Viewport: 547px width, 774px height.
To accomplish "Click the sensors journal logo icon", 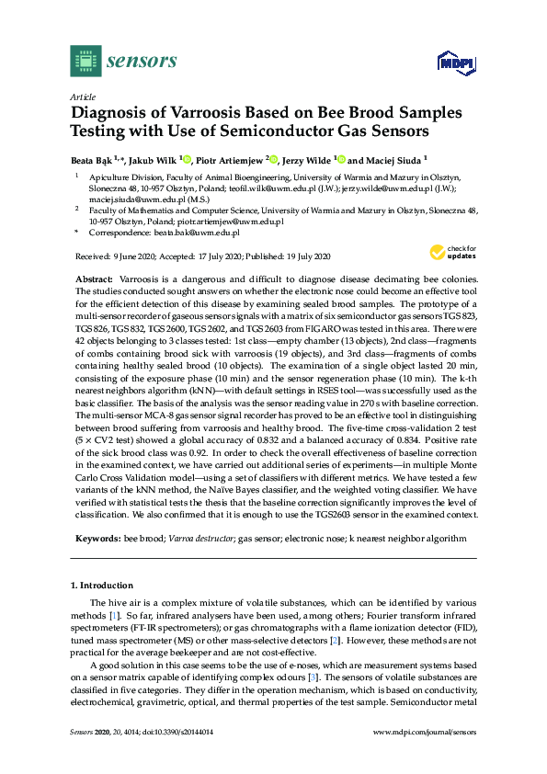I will click(85, 61).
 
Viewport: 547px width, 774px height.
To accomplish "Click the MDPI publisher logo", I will click(451, 64).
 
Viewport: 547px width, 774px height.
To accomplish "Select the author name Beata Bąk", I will click(93, 158).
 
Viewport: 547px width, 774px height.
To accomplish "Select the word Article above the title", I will click(82, 97).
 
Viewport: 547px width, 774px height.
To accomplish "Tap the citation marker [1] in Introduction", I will click(113, 611).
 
